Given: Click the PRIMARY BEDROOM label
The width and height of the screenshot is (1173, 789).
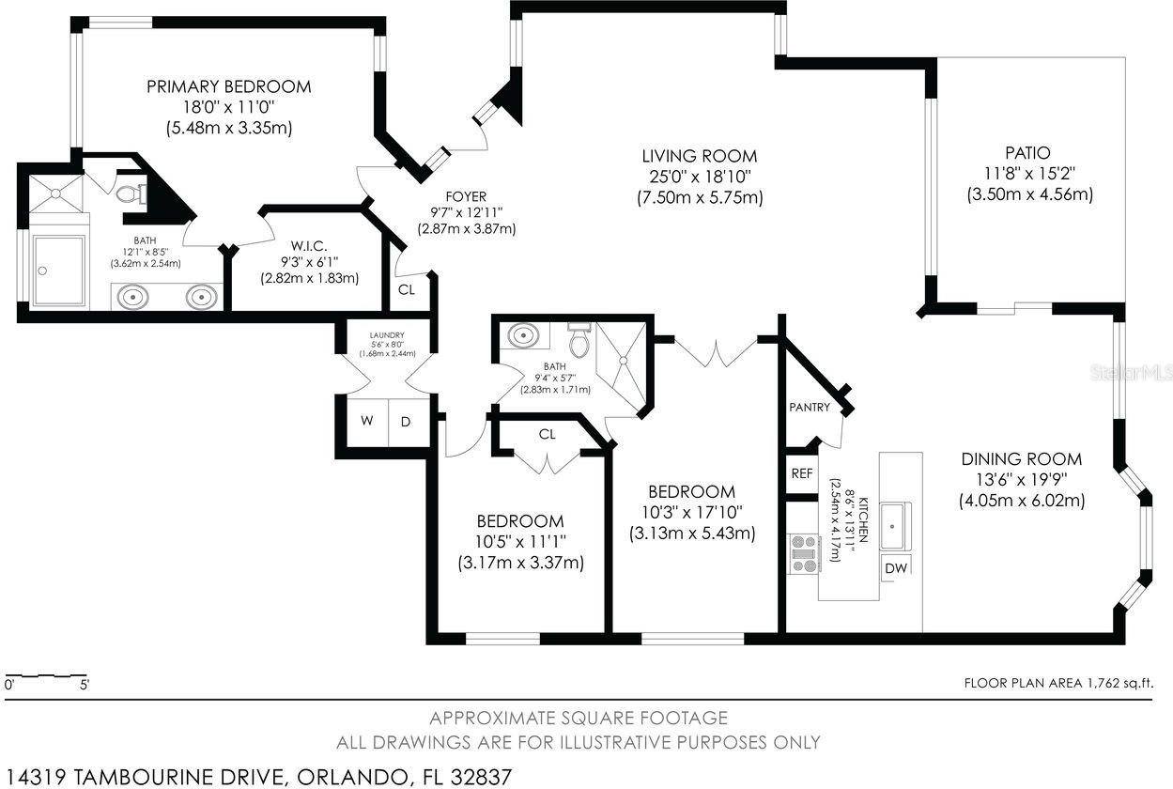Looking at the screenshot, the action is tap(229, 86).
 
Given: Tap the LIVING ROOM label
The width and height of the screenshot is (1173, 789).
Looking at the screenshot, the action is tap(700, 156).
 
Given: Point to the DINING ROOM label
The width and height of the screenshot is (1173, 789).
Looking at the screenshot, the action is tap(1022, 459).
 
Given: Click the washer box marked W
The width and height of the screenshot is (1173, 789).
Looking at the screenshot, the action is tap(367, 422).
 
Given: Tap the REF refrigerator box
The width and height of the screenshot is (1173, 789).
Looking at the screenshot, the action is tap(802, 473).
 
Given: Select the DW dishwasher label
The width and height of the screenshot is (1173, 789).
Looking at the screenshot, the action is tap(896, 568).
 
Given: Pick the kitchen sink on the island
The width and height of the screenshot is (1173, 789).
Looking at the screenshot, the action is tap(895, 525).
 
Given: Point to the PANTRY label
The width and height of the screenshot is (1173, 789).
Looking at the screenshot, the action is tap(810, 407).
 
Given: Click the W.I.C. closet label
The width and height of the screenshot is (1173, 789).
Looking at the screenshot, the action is tap(309, 246).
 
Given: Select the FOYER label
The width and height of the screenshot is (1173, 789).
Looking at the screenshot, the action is tap(466, 196).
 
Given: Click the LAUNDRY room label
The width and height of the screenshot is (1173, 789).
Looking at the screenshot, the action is tap(387, 335).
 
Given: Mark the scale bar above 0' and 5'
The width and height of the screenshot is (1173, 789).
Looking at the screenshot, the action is tap(46, 676).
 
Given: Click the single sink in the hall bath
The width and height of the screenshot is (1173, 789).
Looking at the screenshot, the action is tap(524, 335).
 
